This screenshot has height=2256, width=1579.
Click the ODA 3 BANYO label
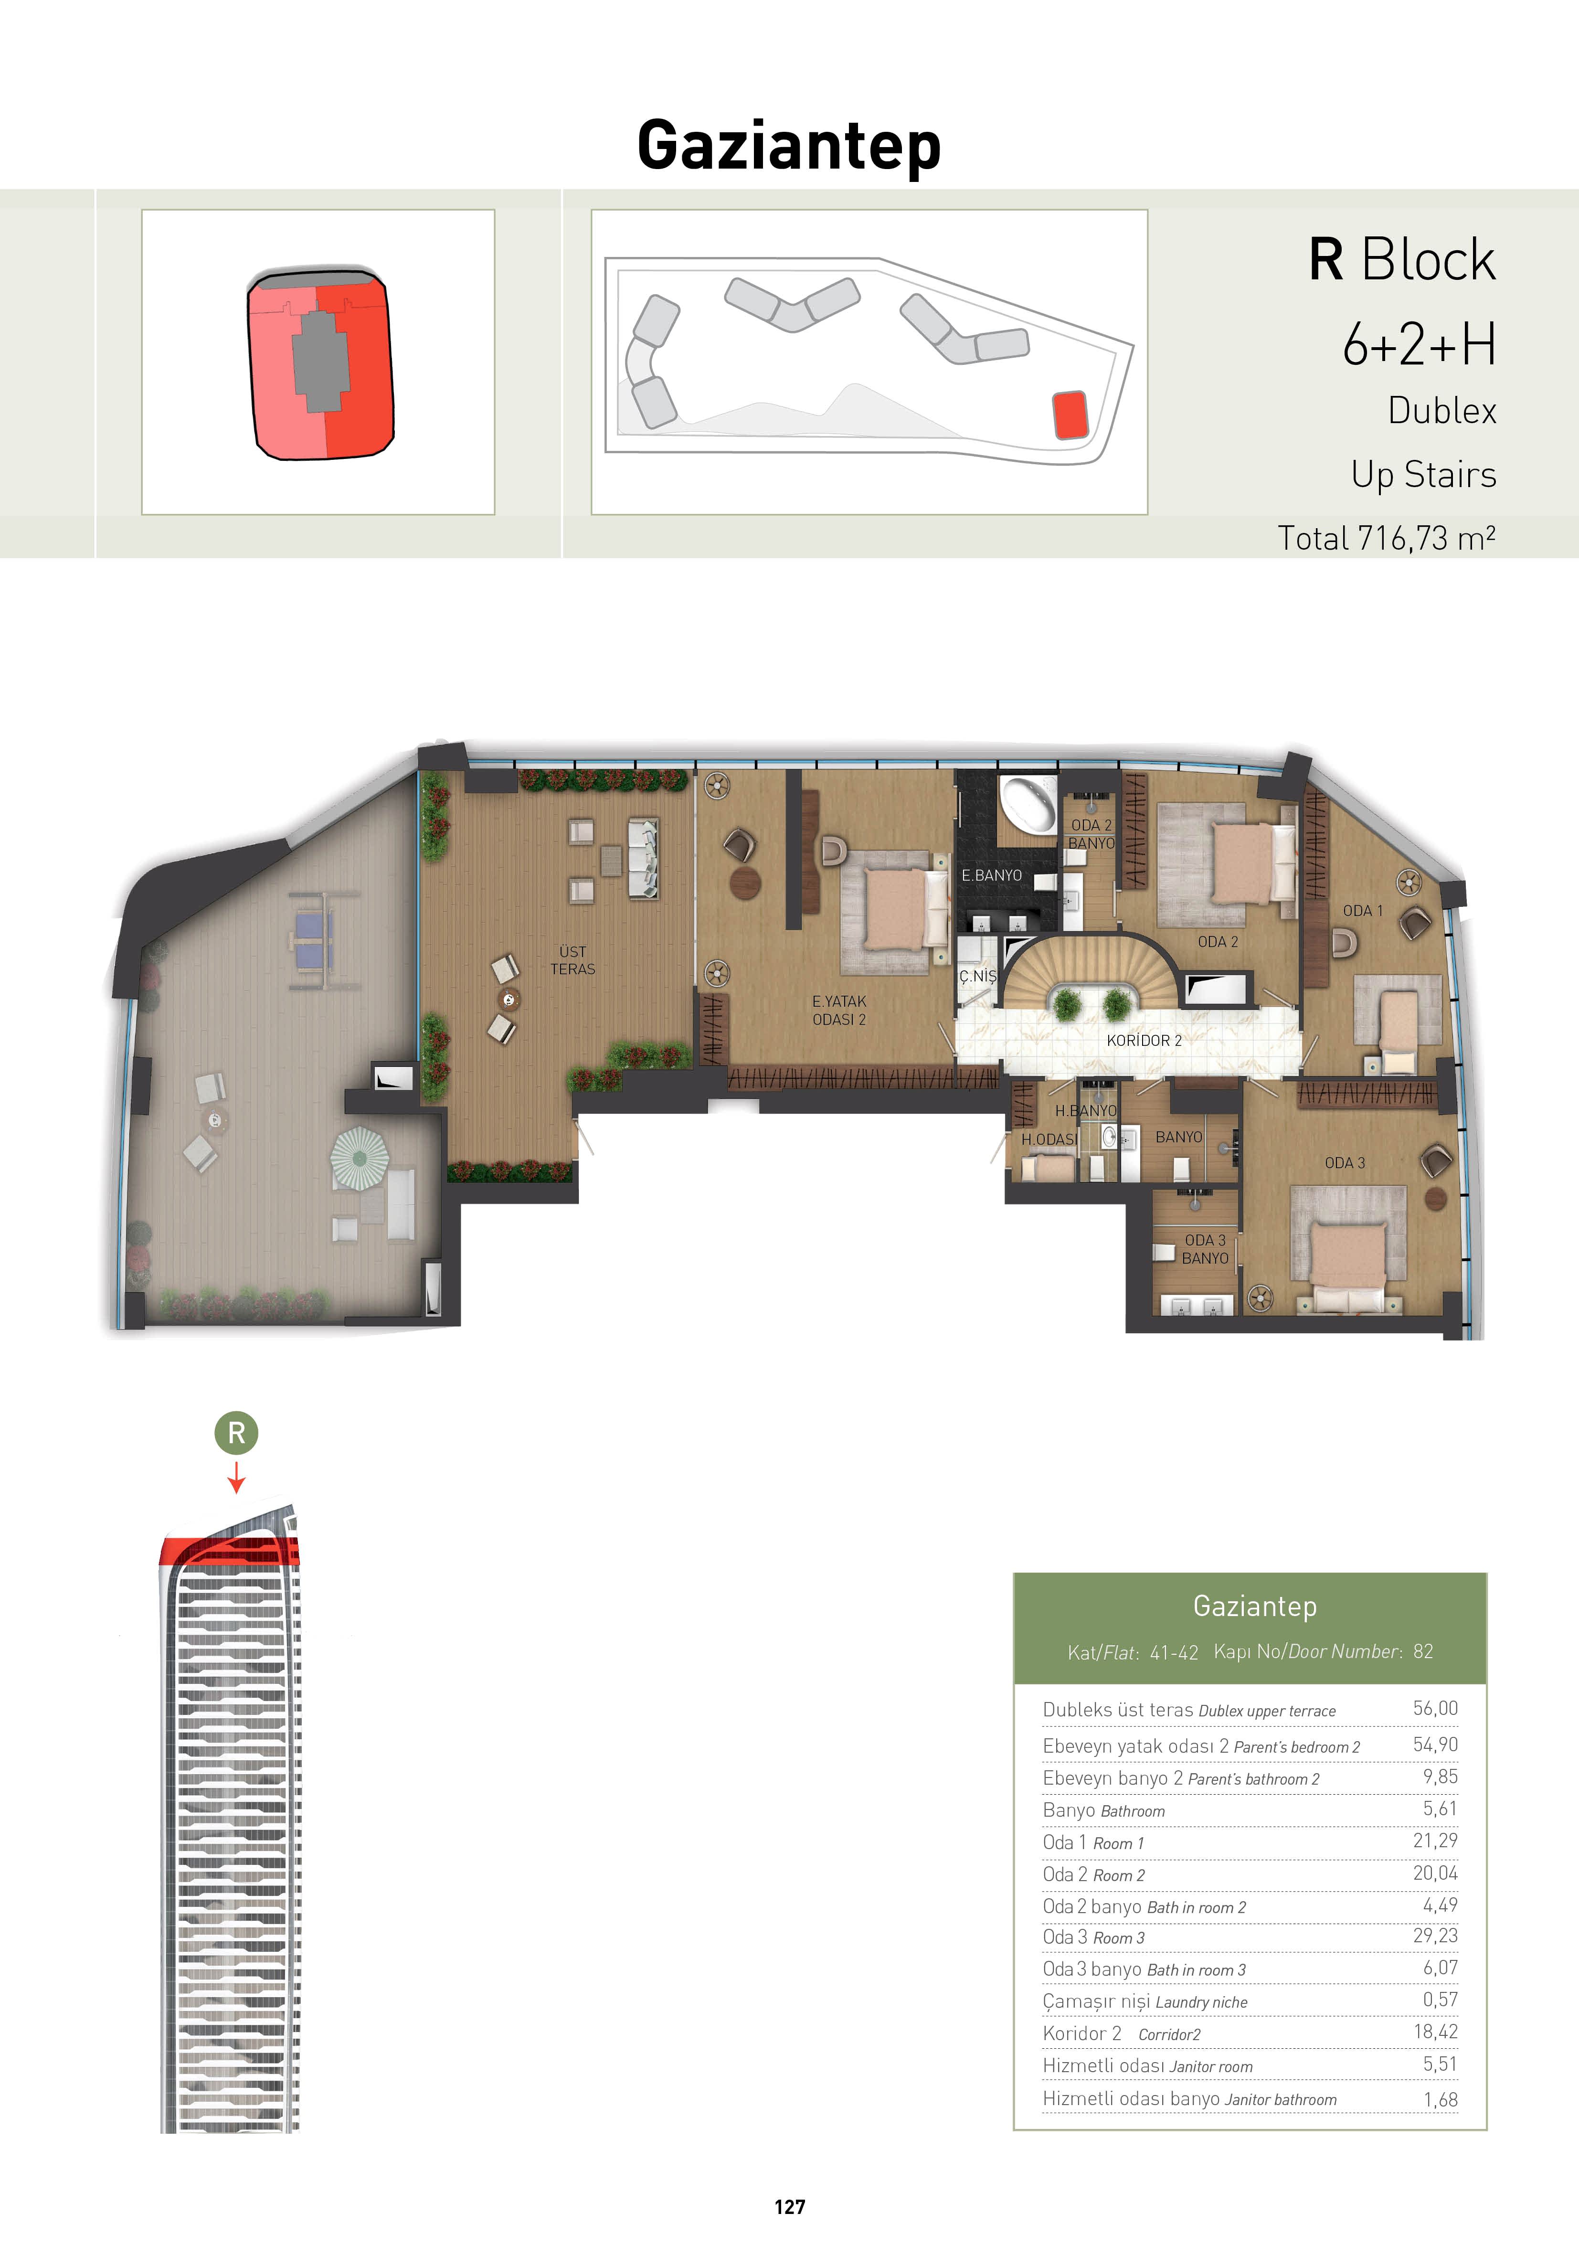[1205, 1249]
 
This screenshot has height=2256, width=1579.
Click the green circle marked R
[236, 1434]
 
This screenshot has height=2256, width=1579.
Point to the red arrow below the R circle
[236, 1477]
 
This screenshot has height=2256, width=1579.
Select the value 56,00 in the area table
[1436, 1708]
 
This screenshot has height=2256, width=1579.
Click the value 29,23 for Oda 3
[1436, 1935]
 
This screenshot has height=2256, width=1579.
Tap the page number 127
[789, 2207]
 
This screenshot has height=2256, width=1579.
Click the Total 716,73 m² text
[1387, 537]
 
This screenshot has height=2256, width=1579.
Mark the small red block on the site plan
[1070, 415]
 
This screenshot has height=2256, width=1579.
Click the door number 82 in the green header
[1423, 1652]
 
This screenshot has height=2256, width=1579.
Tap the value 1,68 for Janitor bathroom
[1441, 2099]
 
